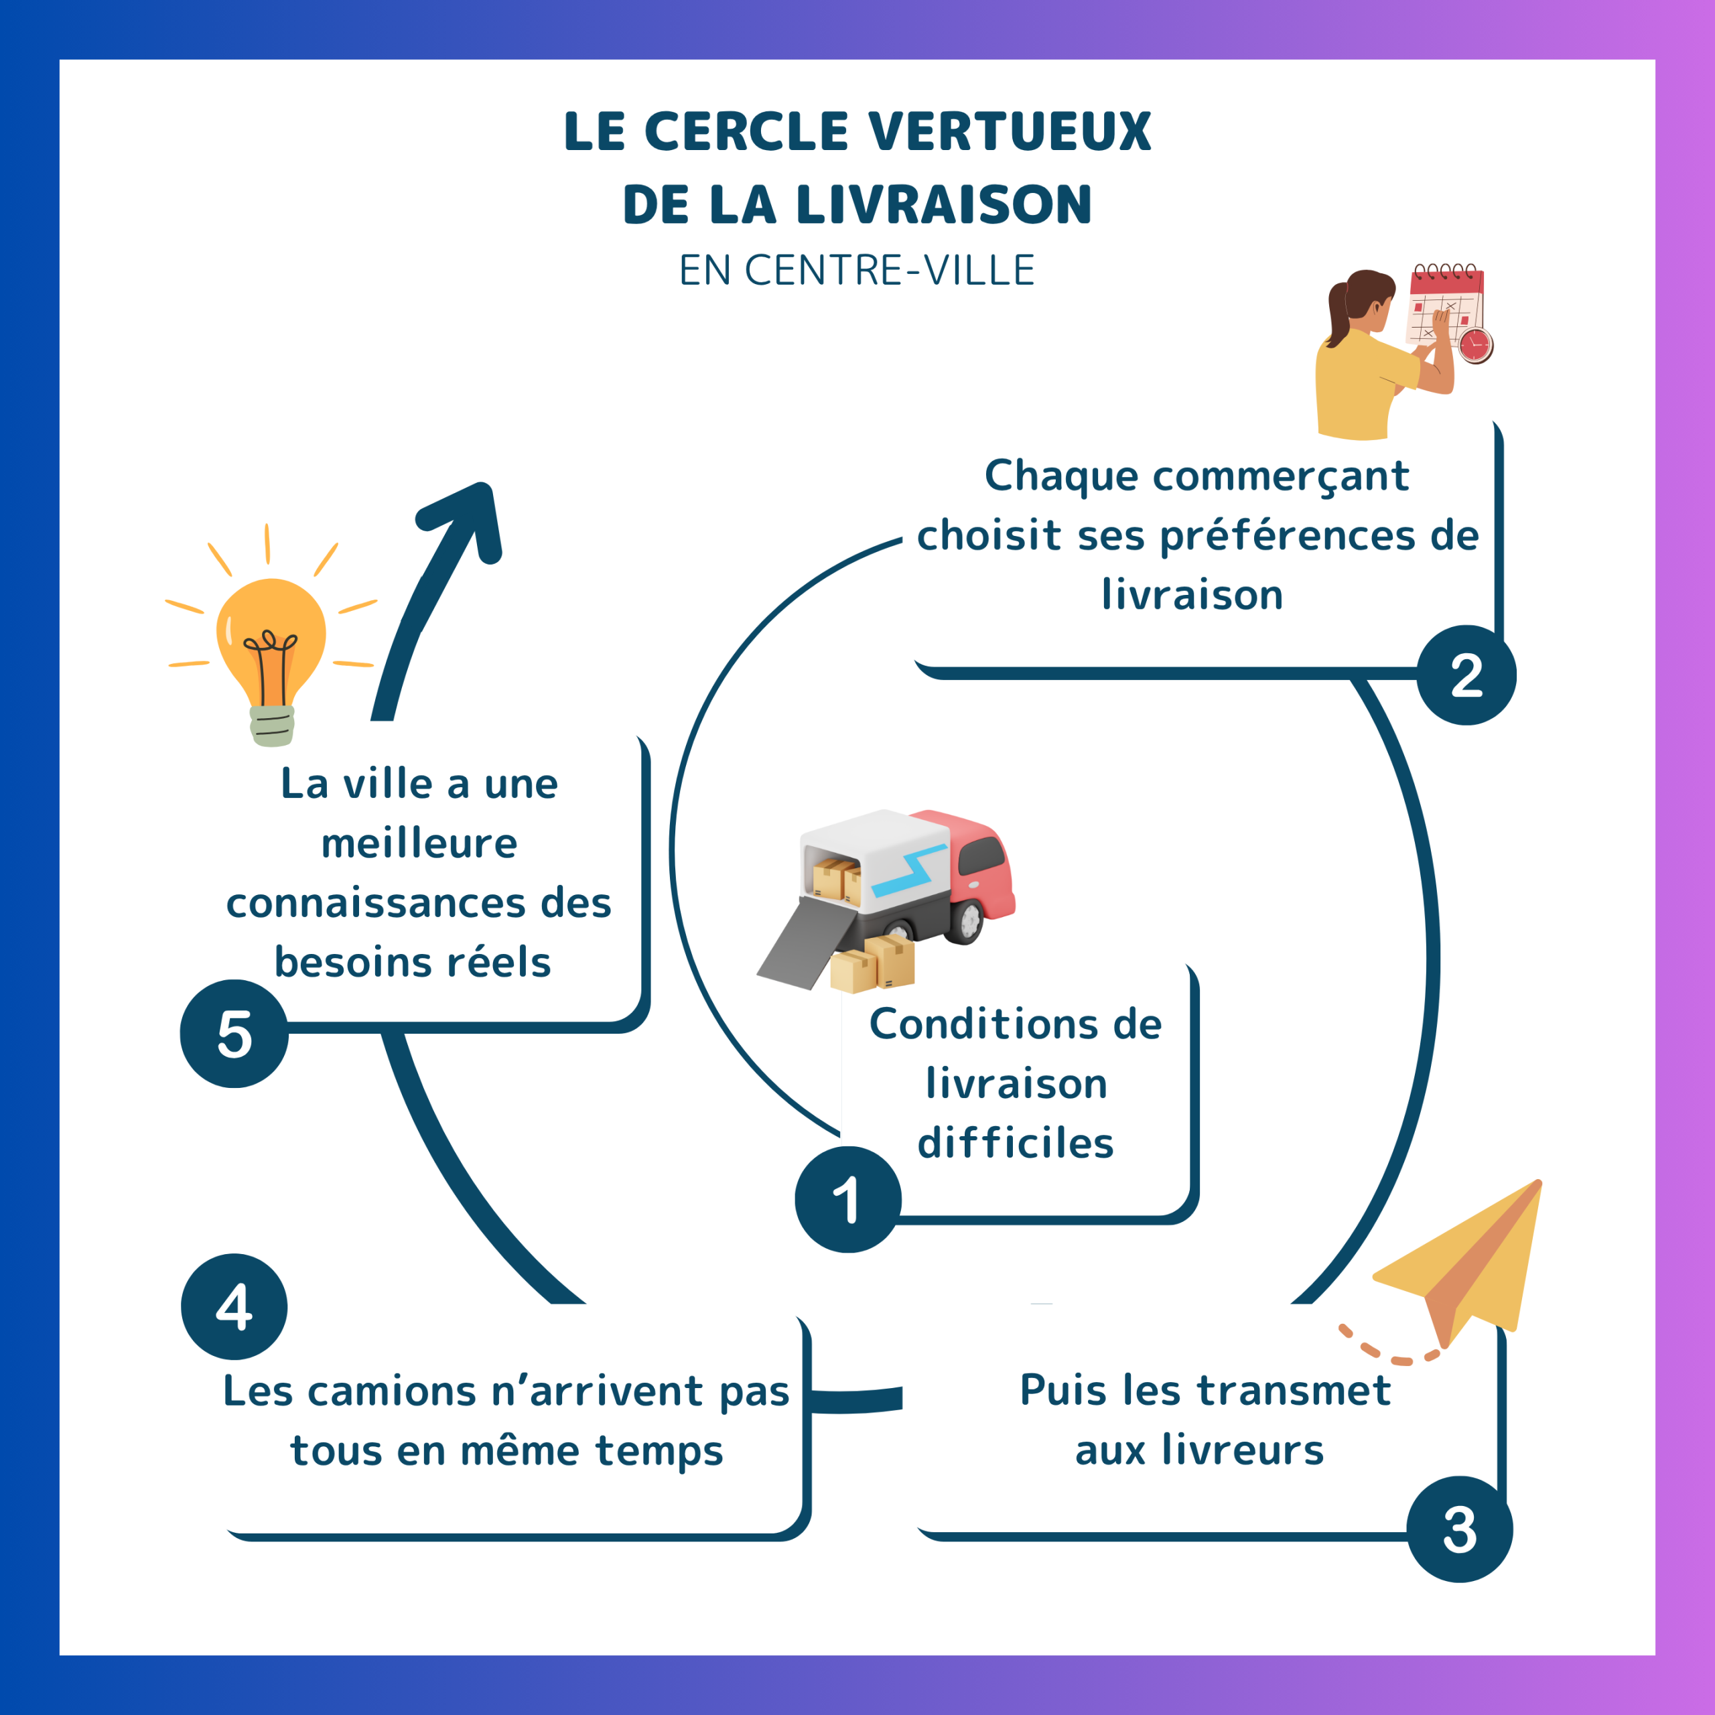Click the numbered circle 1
click(847, 1199)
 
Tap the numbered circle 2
click(1466, 675)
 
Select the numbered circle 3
click(1459, 1529)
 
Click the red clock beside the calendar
click(1475, 344)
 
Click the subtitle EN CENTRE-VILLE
click(857, 271)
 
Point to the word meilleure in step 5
click(419, 843)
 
